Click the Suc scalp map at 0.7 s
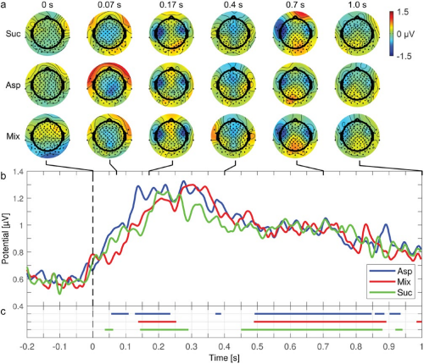[x=295, y=34]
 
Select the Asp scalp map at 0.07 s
[x=109, y=85]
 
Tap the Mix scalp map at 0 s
[x=47, y=136]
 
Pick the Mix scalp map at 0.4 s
[x=233, y=136]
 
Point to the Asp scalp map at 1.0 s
[x=357, y=85]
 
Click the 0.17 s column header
[x=171, y=5]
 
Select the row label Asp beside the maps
[x=13, y=85]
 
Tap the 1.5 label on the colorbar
[x=403, y=12]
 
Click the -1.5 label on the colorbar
[x=404, y=56]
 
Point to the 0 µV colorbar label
[x=405, y=34]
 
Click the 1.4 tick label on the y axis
[x=18, y=171]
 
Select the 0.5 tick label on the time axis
[x=257, y=346]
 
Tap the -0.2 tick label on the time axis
[x=27, y=346]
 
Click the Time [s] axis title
[x=224, y=358]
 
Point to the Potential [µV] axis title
[x=5, y=239]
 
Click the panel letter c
[x=3, y=312]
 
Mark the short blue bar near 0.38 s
[x=218, y=313]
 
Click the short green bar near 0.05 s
[x=109, y=329]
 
